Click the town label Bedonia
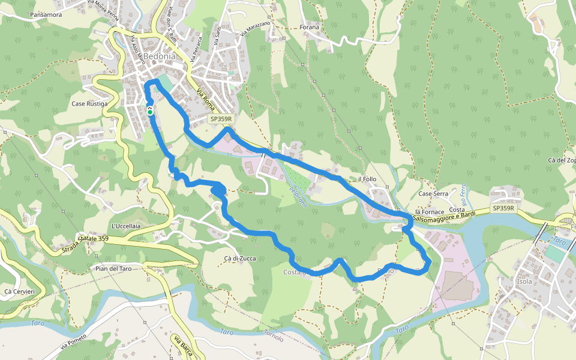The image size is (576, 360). pos(160,56)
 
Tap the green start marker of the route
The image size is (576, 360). pos(149,112)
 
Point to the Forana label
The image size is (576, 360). pos(310,28)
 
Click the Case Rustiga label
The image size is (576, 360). pos(89,104)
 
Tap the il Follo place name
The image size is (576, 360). pos(367,179)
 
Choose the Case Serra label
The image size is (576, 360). pos(433,194)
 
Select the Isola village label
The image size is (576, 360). pos(524,281)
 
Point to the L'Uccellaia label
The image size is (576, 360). pos(126,226)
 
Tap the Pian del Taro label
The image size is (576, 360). pos(113,268)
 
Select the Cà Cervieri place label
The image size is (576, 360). pos(19,292)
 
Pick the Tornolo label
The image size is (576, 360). pos(274,338)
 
